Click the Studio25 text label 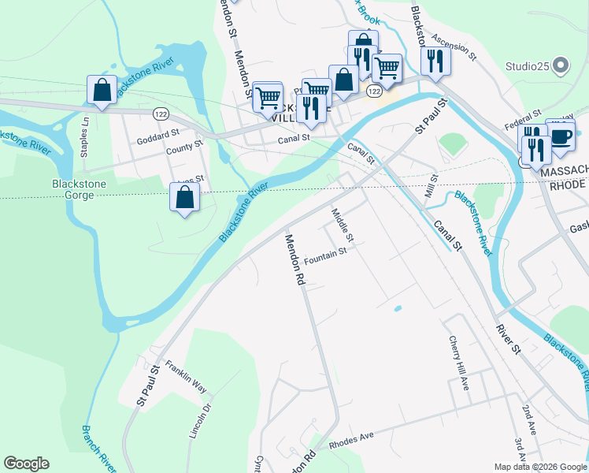[x=528, y=65]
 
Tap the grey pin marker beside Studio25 [x=561, y=65]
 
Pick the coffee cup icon [x=561, y=136]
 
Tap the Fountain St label [x=325, y=255]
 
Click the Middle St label [x=344, y=225]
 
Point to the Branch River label [x=98, y=448]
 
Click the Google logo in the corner [x=26, y=464]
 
